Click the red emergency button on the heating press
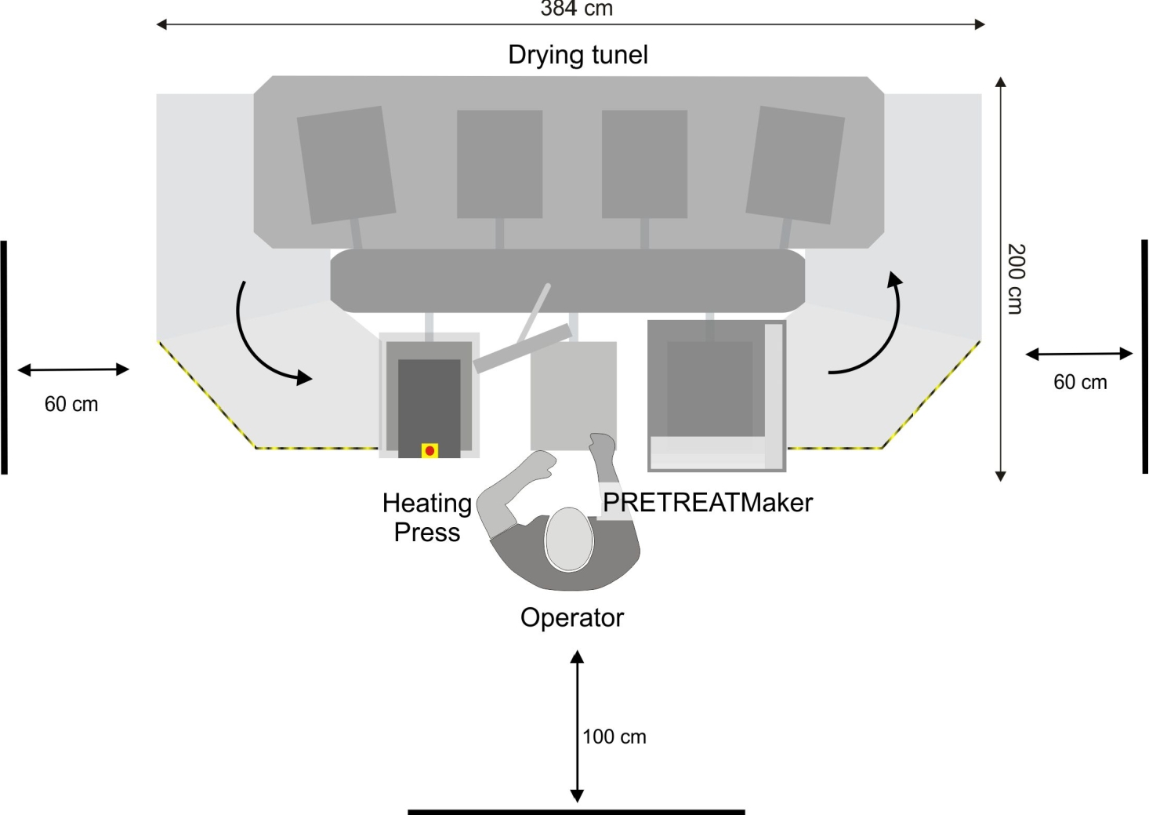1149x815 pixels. click(x=430, y=450)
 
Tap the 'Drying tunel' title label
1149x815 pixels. click(x=578, y=55)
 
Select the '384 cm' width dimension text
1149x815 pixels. click(x=576, y=9)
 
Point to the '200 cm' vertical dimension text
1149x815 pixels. click(x=1016, y=278)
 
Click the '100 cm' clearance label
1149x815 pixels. click(x=614, y=737)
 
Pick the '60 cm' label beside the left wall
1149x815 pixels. click(x=71, y=404)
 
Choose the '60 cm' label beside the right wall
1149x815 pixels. click(x=1080, y=382)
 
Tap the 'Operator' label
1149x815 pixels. click(x=571, y=617)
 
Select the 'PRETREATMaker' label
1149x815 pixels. click(x=707, y=502)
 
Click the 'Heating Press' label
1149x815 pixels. click(x=427, y=517)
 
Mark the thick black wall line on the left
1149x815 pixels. click(x=5, y=357)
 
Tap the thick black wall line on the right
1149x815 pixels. click(x=1144, y=357)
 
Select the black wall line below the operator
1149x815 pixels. click(x=576, y=811)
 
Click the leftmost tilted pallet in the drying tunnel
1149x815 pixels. click(x=346, y=165)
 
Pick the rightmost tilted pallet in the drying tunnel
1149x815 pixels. click(x=795, y=165)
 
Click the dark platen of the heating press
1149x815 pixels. click(x=429, y=400)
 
